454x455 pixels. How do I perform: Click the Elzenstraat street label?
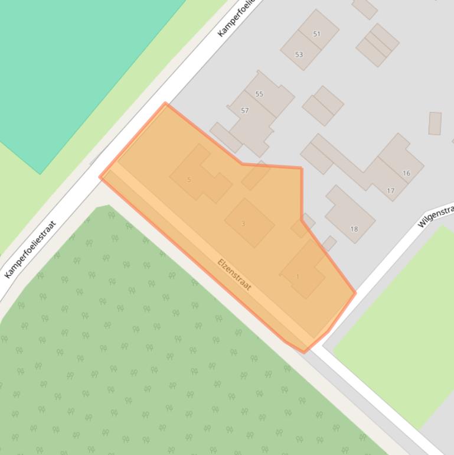[234, 275]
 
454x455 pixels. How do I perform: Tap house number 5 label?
[189, 180]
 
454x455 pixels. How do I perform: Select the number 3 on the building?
[243, 224]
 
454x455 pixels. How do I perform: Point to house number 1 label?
[298, 277]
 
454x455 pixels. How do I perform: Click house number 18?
[354, 229]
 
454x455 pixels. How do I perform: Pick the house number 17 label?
[390, 191]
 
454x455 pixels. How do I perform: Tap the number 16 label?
[406, 173]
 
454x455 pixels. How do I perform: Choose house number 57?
[245, 110]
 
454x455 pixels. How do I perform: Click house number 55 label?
[259, 94]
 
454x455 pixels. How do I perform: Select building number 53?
[299, 55]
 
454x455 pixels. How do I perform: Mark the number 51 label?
[316, 34]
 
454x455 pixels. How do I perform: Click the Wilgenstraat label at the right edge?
[436, 216]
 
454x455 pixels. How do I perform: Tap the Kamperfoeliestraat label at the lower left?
[30, 249]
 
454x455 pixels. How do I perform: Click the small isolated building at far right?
[435, 123]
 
